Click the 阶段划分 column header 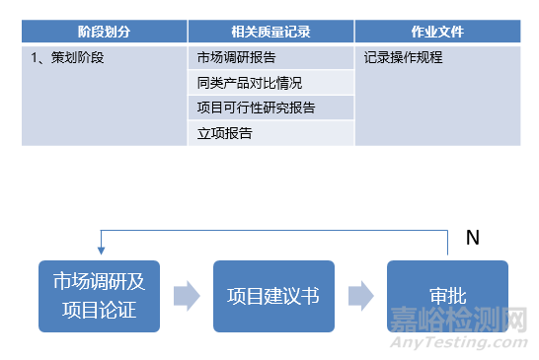(x=105, y=32)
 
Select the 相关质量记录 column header (x=270, y=32)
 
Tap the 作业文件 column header (x=437, y=32)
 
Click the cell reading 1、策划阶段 (x=69, y=57)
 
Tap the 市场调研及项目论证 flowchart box (x=99, y=296)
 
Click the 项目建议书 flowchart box (x=273, y=296)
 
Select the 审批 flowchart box (x=447, y=296)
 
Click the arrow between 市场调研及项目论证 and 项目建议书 (x=186, y=296)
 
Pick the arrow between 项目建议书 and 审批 (x=360, y=296)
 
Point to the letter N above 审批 (x=472, y=238)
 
